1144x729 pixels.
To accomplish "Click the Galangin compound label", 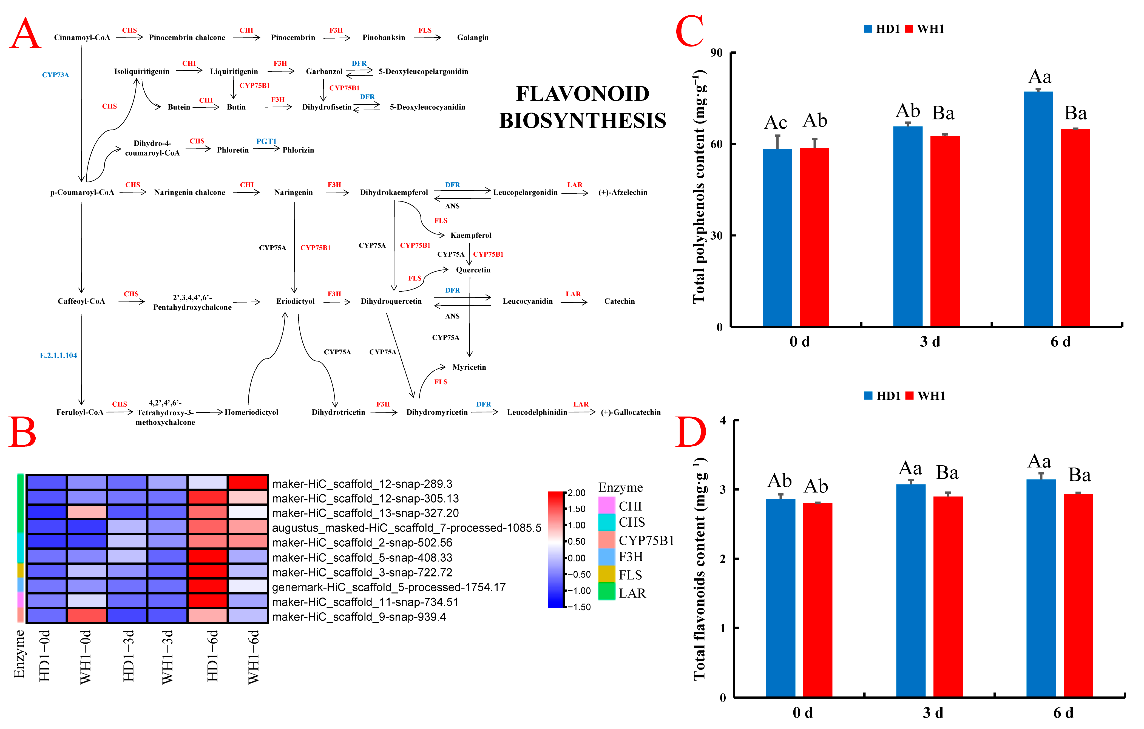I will [x=472, y=38].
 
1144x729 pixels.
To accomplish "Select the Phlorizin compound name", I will [x=298, y=150].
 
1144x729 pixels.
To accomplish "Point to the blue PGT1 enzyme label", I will [x=266, y=141].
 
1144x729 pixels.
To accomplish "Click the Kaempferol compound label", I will [x=470, y=236].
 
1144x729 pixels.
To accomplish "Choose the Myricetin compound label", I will [x=469, y=367].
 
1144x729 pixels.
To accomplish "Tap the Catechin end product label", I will [x=619, y=302].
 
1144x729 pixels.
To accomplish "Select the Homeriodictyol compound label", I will [x=251, y=412].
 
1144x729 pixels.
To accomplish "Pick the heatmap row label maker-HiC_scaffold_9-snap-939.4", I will [x=359, y=617].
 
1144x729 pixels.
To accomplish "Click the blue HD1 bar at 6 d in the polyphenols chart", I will [x=1038, y=209].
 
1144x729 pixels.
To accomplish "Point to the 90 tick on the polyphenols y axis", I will [x=716, y=53].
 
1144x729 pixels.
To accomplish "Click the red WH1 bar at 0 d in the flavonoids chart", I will [x=817, y=600].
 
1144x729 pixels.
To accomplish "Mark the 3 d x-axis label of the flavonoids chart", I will [x=933, y=713].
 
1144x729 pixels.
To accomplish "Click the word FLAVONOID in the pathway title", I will [x=583, y=94].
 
